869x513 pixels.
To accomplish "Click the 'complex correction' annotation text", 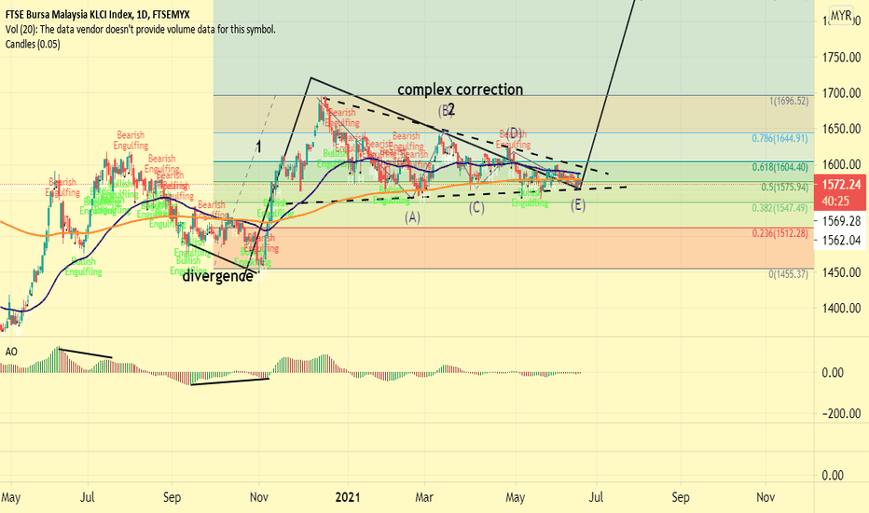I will pos(460,90).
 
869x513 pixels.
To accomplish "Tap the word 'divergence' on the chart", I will pos(217,276).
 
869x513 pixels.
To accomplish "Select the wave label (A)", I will pos(412,216).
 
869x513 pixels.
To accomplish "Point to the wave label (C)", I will pos(476,207).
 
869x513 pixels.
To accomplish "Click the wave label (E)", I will pos(578,204).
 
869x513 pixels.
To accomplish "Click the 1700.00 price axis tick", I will pos(839,93).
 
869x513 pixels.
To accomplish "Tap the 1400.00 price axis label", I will pos(839,308).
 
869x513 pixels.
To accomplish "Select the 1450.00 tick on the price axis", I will pos(839,272).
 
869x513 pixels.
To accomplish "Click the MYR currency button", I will pos(841,16).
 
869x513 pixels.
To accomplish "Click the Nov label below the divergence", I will pos(260,498).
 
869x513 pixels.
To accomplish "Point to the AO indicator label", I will pos(11,352).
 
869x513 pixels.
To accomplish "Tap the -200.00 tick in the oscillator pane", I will pos(839,413).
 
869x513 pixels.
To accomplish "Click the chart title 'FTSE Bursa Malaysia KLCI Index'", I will pos(78,15).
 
